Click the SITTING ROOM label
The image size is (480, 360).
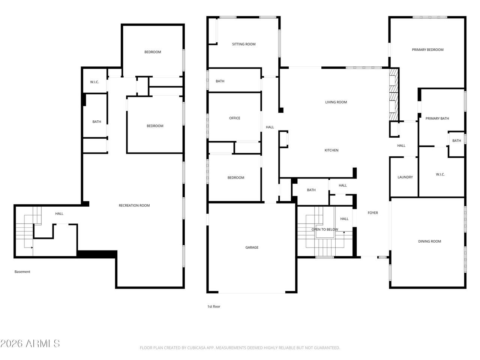tap(244, 44)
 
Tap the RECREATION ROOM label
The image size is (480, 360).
tap(134, 205)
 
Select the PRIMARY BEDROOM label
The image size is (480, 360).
tap(427, 49)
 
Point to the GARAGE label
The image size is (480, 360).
tap(252, 247)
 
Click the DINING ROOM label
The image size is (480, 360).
tap(429, 241)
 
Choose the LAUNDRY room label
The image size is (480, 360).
tap(405, 177)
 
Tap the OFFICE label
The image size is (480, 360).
tap(234, 118)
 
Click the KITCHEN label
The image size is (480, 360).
tap(331, 150)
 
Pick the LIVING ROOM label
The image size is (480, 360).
tap(336, 102)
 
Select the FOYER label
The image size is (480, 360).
tap(373, 213)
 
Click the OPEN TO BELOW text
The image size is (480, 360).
tap(324, 229)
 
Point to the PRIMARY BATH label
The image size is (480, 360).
tap(437, 118)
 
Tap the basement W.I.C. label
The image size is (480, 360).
tap(94, 82)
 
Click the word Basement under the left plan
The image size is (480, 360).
tap(22, 272)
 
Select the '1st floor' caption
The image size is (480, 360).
tap(214, 306)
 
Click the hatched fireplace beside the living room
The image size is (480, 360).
tap(394, 94)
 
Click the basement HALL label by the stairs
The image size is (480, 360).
tap(59, 213)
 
